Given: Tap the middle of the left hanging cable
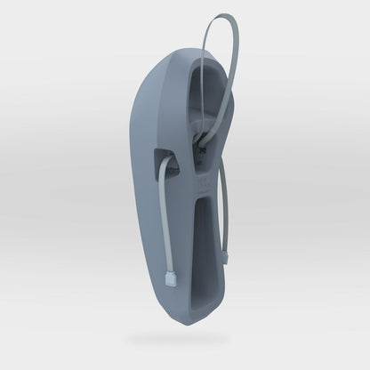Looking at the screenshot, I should click(165, 222).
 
